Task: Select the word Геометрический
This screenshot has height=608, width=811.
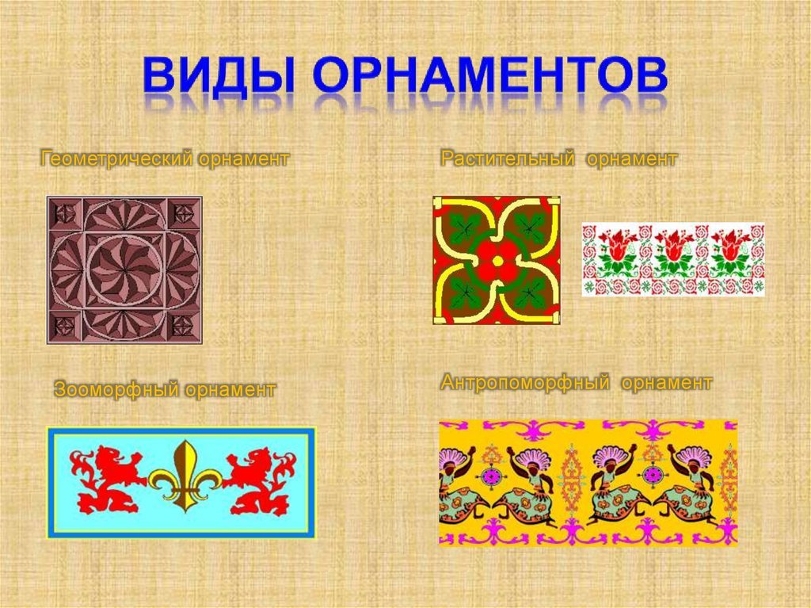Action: click(117, 159)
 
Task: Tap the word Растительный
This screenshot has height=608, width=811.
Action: click(508, 159)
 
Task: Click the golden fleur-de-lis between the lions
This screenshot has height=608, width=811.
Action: click(185, 476)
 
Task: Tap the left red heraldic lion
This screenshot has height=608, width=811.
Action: click(108, 480)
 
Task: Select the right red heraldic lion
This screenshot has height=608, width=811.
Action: click(259, 480)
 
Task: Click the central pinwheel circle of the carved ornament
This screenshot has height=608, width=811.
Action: click(124, 270)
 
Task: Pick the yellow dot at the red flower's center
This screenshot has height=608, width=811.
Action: click(497, 262)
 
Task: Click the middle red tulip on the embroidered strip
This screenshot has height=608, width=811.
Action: click(673, 246)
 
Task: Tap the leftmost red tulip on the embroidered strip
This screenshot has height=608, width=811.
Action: click(616, 246)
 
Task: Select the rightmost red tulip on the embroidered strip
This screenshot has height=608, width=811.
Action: click(729, 246)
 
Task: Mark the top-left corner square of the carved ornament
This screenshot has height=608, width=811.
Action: click(65, 213)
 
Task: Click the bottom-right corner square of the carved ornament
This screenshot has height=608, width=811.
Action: click(183, 327)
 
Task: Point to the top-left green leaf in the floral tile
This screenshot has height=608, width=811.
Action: click(464, 227)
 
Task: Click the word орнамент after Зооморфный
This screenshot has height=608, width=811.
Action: click(230, 389)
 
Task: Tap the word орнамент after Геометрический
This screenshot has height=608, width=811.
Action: click(244, 159)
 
